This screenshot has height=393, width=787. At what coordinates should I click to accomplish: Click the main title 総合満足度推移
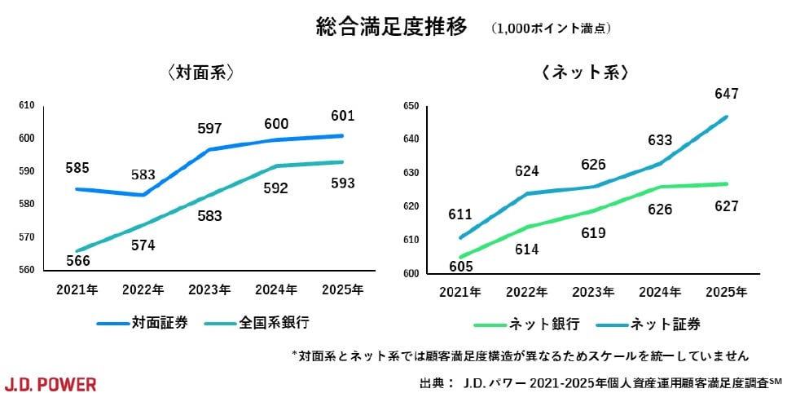(392, 27)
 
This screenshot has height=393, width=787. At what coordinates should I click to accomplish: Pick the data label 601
(342, 115)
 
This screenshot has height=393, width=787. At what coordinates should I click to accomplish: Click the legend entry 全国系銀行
(274, 322)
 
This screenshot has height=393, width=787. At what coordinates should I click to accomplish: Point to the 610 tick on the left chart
(25, 105)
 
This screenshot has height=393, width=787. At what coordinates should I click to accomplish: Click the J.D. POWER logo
(51, 383)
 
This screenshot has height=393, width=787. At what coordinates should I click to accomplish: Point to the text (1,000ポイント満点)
(551, 29)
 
